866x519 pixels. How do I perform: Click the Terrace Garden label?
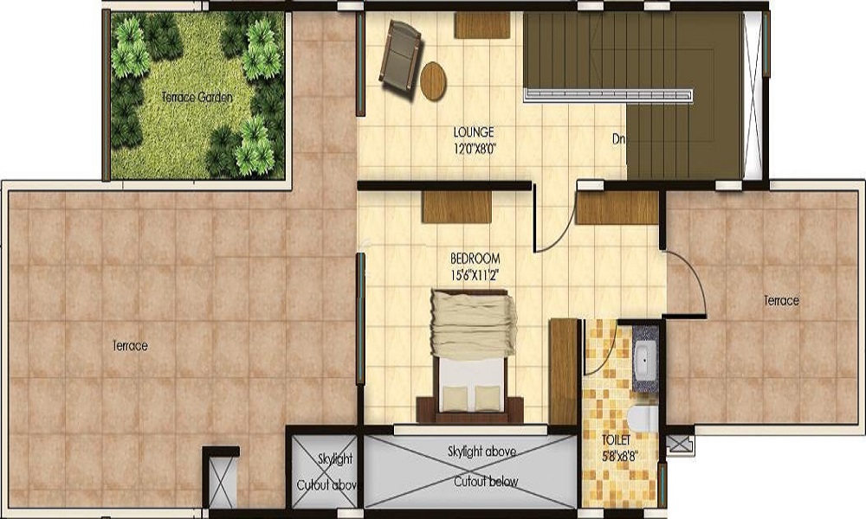[197, 97]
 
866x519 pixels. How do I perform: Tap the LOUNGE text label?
[474, 132]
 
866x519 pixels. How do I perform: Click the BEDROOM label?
[475, 259]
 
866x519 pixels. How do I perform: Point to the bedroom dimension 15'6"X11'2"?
[475, 274]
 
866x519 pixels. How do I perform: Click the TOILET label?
[617, 442]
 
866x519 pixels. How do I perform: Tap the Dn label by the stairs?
[618, 138]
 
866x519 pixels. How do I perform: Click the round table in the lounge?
[433, 80]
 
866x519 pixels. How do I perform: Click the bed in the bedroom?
[470, 355]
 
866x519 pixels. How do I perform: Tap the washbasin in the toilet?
[645, 356]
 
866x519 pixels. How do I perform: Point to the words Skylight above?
[482, 452]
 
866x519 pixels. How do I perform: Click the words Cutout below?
[485, 482]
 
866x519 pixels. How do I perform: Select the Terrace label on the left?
[130, 346]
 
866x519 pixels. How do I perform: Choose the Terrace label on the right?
[781, 301]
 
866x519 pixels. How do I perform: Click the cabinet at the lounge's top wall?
[481, 24]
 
